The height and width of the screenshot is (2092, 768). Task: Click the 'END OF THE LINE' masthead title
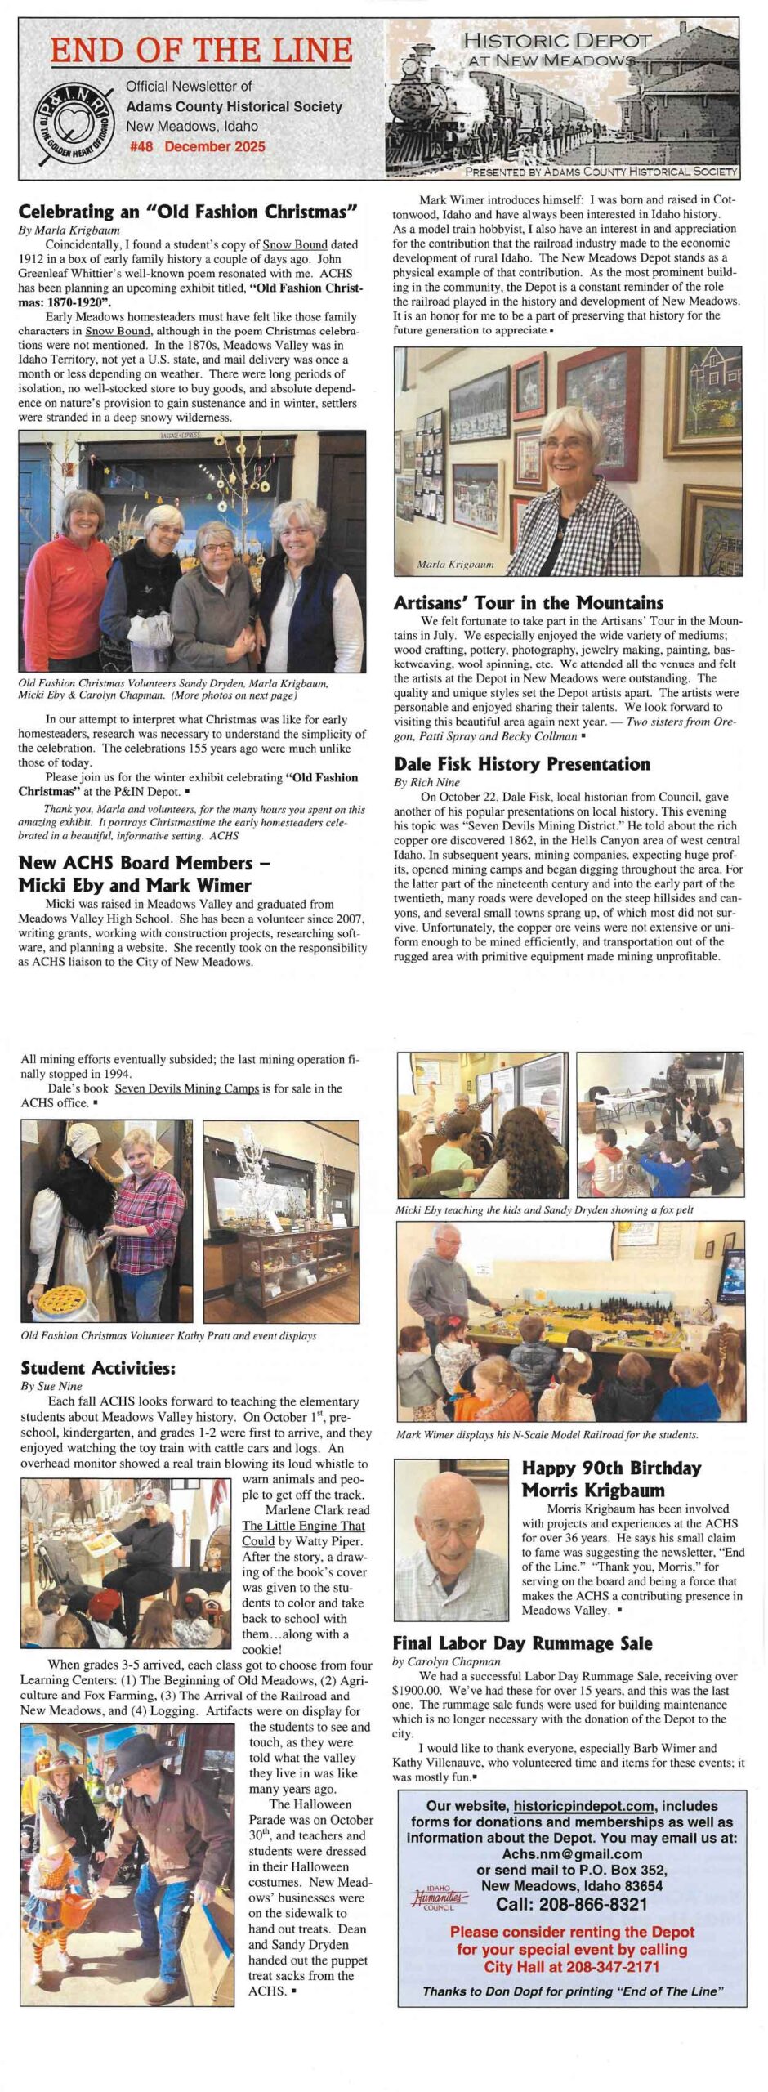coord(201,51)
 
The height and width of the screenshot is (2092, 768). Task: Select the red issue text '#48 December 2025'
coord(197,147)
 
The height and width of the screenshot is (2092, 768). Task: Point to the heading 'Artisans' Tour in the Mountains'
coord(529,603)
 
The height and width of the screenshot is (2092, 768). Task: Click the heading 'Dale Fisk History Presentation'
coord(522,764)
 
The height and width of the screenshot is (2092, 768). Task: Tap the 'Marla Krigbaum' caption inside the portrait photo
coord(455,565)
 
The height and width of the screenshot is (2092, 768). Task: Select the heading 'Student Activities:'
coord(98,1368)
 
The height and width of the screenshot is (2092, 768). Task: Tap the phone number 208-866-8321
coord(572,1904)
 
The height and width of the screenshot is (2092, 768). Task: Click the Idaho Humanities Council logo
coord(439,1898)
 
